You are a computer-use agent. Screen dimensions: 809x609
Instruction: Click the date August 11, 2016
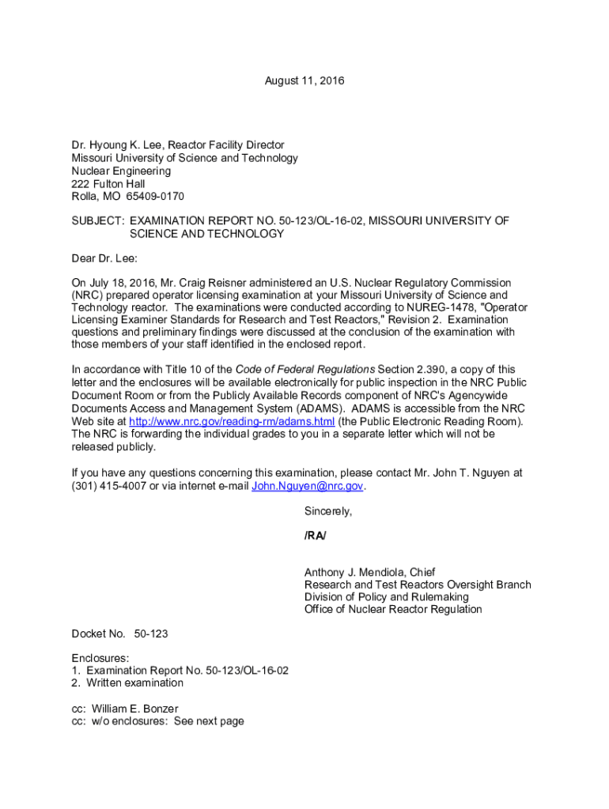pyautogui.click(x=304, y=81)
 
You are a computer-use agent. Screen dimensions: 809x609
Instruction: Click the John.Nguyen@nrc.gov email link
pyautogui.click(x=307, y=487)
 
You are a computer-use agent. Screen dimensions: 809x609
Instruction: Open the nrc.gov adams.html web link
pyautogui.click(x=232, y=422)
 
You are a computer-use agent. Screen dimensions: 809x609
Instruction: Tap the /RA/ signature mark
pyautogui.click(x=315, y=536)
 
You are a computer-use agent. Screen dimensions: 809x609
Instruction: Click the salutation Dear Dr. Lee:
pyautogui.click(x=104, y=258)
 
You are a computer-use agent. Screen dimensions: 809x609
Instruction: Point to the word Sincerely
pyautogui.click(x=327, y=511)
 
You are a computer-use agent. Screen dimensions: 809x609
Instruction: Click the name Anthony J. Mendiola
pyautogui.click(x=356, y=572)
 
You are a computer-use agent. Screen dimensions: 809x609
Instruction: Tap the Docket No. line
pyautogui.click(x=119, y=634)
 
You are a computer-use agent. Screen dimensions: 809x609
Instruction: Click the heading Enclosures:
pyautogui.click(x=100, y=657)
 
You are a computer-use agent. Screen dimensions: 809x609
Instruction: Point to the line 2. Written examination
pyautogui.click(x=127, y=683)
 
